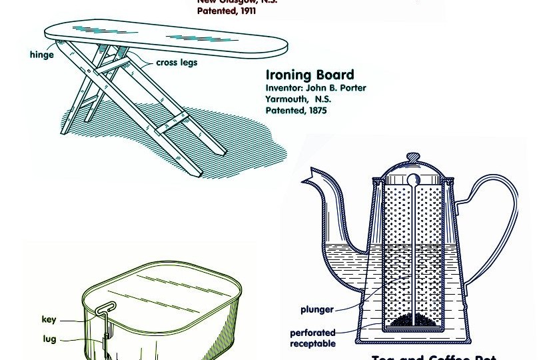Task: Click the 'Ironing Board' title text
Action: pos(309,75)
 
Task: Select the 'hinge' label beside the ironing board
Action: pos(41,55)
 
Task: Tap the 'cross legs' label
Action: pos(177,63)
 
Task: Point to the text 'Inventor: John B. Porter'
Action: pos(315,88)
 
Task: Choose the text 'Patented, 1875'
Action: pos(296,111)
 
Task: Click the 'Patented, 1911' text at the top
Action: pos(227,11)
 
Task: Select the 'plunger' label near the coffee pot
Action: pos(316,309)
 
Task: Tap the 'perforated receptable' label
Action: pos(312,338)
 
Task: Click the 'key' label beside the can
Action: pos(49,319)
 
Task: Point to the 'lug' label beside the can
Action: pos(49,339)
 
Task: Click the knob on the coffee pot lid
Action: pos(414,157)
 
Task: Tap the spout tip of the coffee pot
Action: pos(307,178)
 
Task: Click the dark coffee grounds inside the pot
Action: pos(414,323)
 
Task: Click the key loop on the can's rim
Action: pos(105,308)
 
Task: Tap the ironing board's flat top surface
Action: pos(167,37)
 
